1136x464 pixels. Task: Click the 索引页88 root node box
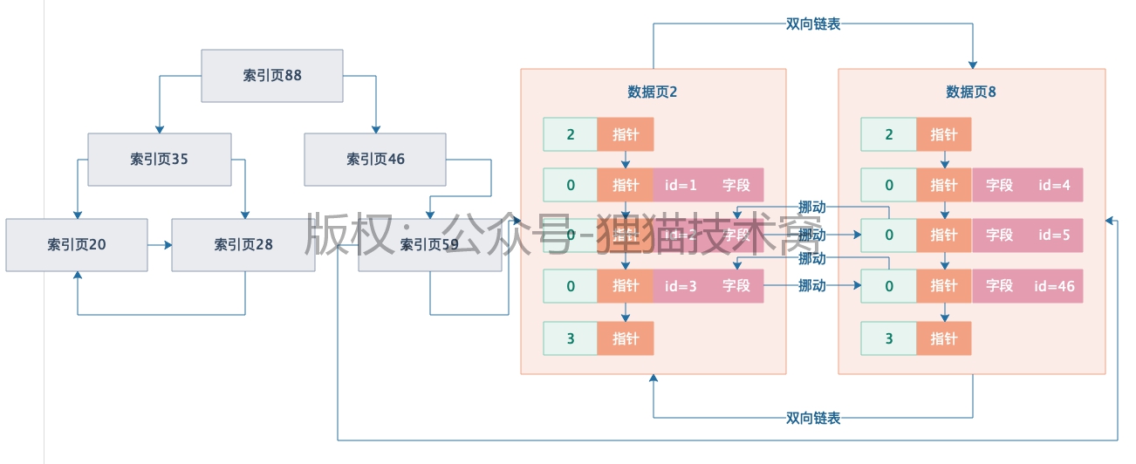[x=272, y=76]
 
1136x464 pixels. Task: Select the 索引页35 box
[x=160, y=159]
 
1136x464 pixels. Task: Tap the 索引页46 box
[x=375, y=159]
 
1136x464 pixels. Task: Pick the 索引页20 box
[x=77, y=245]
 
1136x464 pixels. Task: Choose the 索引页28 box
[x=243, y=245]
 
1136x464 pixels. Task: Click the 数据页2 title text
[x=653, y=92]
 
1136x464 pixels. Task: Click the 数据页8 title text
[x=971, y=92]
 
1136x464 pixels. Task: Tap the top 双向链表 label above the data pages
[x=813, y=24]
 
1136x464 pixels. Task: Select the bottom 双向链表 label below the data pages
[x=813, y=418]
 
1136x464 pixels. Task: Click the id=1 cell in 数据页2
[x=681, y=185]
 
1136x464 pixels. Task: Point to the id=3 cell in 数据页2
[x=681, y=286]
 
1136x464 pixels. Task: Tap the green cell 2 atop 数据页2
[x=571, y=134]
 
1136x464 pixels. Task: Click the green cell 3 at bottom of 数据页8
[x=889, y=338]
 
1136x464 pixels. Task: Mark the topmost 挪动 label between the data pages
[x=812, y=208]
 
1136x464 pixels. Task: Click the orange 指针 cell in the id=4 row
[x=944, y=185]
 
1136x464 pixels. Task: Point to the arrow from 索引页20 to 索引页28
[x=159, y=245]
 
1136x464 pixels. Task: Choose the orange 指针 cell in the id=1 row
[x=626, y=185]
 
